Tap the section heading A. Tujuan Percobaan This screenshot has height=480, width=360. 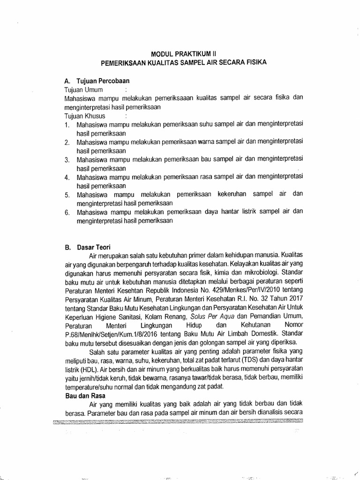(x=97, y=80)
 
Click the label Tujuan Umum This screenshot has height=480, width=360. (x=83, y=89)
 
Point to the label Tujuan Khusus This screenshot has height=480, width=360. (x=84, y=115)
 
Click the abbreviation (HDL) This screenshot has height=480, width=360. (x=88, y=369)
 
